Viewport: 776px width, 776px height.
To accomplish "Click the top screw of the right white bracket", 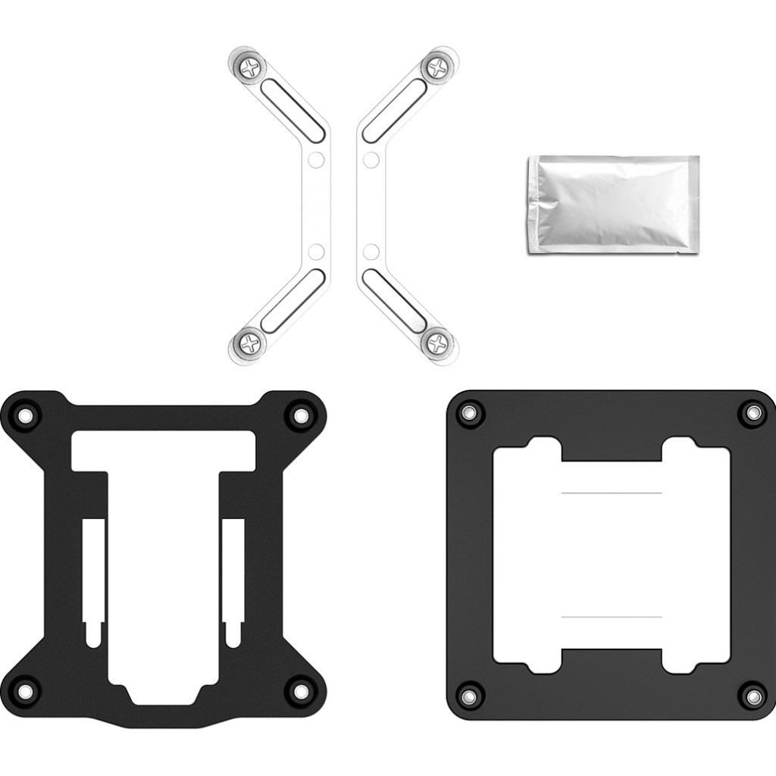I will pyautogui.click(x=438, y=68).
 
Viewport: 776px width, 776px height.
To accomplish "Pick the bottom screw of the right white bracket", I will pyautogui.click(x=438, y=345).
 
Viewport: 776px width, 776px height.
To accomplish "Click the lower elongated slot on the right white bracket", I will pyautogui.click(x=394, y=301).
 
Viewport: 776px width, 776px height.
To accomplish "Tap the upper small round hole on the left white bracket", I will pyautogui.click(x=317, y=160).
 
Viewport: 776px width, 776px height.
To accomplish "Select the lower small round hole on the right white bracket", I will pyautogui.click(x=371, y=252).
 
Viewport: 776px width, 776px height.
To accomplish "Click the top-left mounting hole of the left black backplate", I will pyautogui.click(x=27, y=415).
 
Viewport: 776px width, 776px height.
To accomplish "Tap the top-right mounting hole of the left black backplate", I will pyautogui.click(x=300, y=415).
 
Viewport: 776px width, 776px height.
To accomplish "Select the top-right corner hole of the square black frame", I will pyautogui.click(x=753, y=413).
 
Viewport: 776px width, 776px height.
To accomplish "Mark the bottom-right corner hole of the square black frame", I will pyautogui.click(x=753, y=695).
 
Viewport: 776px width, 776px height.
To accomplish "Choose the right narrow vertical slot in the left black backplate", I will pyautogui.click(x=233, y=580).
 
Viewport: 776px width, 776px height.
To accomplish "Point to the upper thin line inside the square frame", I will pyautogui.click(x=611, y=493).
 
